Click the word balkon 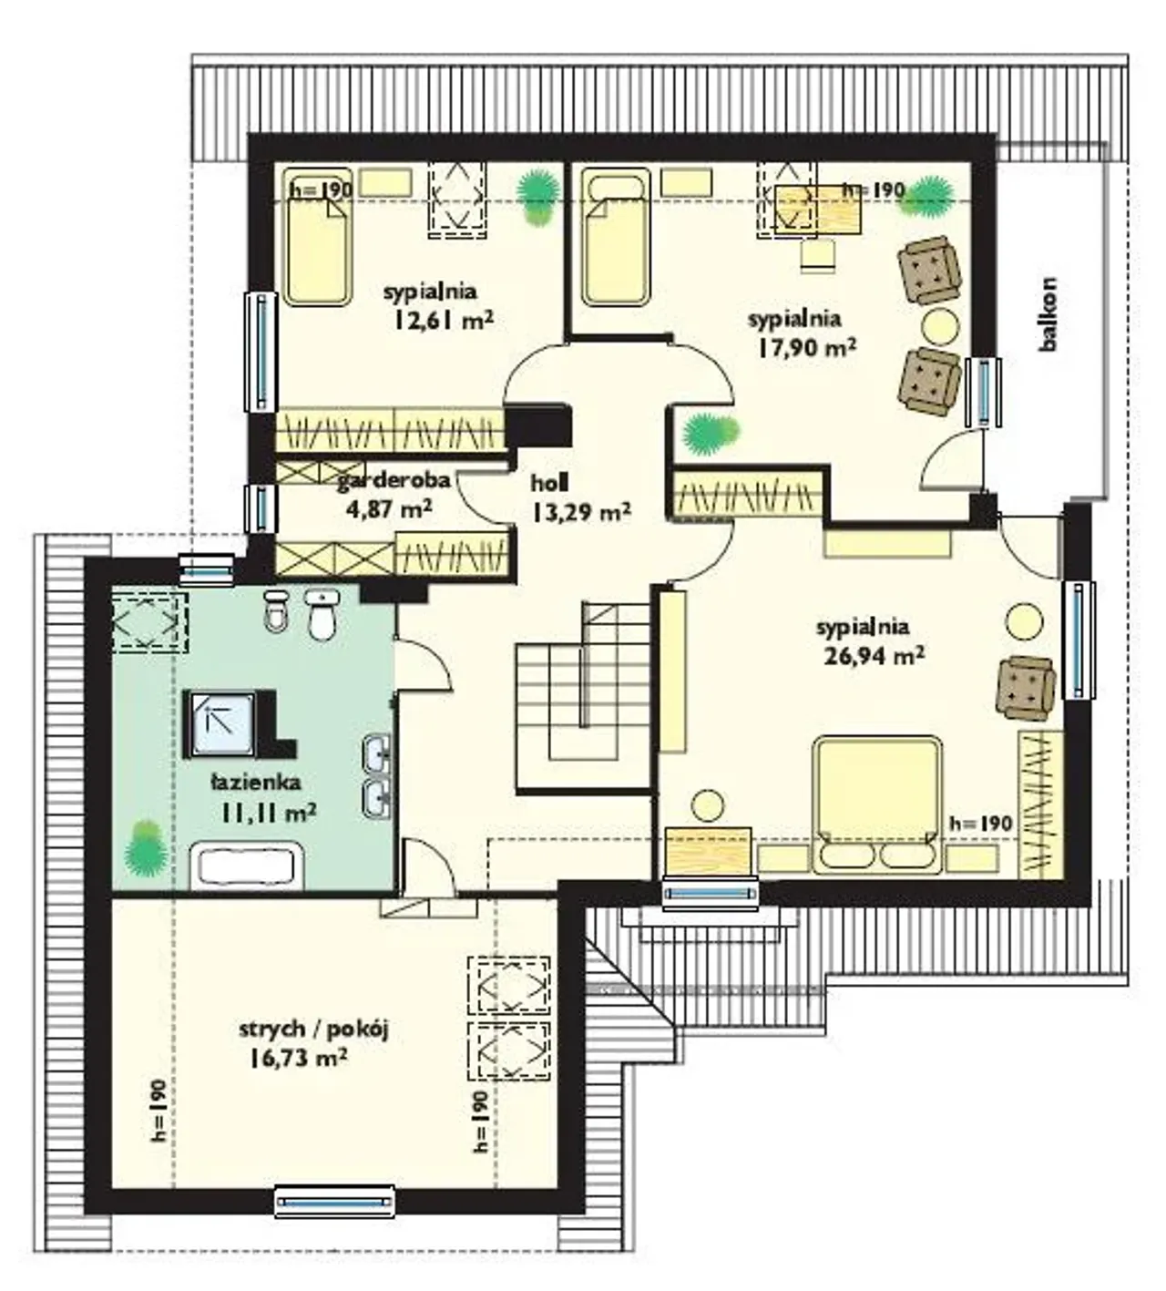click(1048, 314)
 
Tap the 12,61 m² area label click(444, 321)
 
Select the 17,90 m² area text click(807, 348)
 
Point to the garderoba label click(394, 479)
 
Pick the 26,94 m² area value click(874, 656)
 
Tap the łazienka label click(256, 782)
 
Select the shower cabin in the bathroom click(218, 722)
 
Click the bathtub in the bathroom click(247, 866)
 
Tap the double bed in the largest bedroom click(878, 805)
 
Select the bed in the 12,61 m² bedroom click(319, 237)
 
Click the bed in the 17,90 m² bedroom click(615, 236)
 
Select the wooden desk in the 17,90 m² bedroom click(819, 210)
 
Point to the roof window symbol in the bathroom click(150, 622)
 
